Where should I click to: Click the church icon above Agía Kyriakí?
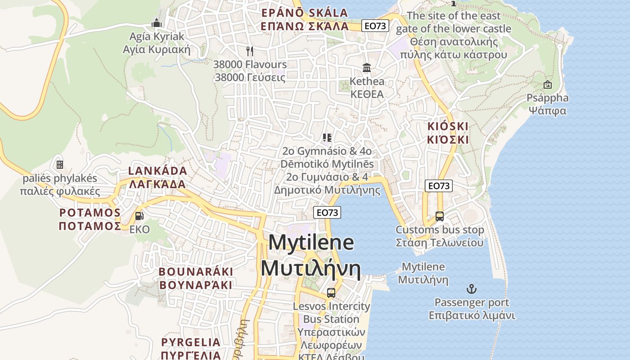click(157, 22)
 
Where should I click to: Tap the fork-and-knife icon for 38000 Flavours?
click(250, 51)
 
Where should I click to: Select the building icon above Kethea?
click(367, 68)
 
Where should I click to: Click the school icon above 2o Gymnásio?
click(327, 137)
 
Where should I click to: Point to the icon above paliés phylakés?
click(60, 165)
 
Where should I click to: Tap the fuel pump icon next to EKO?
click(139, 216)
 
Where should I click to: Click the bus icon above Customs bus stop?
click(440, 216)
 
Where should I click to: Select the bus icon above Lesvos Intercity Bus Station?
click(331, 292)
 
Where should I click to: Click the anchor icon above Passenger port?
click(472, 288)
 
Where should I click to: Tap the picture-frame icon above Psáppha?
click(548, 84)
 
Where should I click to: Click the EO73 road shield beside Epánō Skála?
click(375, 26)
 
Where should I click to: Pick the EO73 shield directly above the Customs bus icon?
click(439, 185)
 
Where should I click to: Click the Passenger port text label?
click(472, 302)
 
